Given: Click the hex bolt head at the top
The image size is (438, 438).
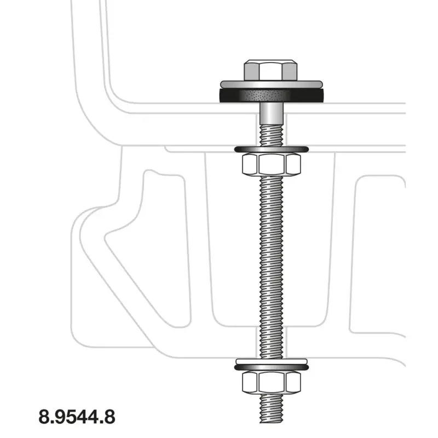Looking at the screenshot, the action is pos(270,71).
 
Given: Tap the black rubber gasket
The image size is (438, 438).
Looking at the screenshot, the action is pos(272,96).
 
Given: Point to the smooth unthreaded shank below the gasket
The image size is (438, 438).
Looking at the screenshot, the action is pos(272,114).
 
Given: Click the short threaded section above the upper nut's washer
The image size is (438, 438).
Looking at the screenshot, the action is pos(272,135).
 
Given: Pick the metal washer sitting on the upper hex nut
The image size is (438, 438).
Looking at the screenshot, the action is pos(272,149).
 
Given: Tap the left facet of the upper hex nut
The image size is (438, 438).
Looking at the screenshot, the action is pos(250,164).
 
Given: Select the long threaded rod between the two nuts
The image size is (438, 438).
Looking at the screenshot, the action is pos(272,267).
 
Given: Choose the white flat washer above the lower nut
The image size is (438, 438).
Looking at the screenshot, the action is pos(272,361).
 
